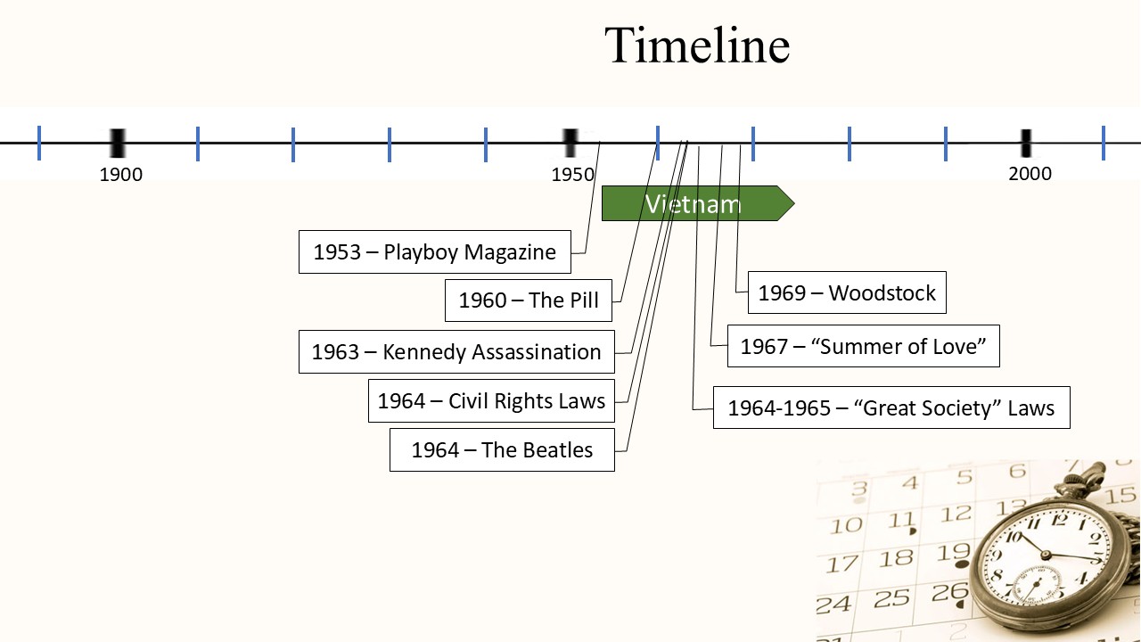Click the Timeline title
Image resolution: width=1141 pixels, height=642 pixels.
pos(696,45)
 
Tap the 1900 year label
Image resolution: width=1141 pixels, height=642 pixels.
pos(121,175)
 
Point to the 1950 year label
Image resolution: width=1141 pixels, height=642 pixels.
pos(573,175)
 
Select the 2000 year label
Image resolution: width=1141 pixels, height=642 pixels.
pos(1030,174)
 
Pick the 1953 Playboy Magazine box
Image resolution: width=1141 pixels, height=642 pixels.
pos(434,252)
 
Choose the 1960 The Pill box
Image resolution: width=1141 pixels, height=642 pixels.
pos(529,300)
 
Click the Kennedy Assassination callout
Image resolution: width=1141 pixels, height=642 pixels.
pos(456,352)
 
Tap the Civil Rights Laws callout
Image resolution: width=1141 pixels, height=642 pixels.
pos(491,401)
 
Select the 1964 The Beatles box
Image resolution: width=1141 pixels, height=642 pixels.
pos(502,450)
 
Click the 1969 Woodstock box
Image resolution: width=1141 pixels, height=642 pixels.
pos(846,293)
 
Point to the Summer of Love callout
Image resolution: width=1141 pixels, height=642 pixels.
pos(863,346)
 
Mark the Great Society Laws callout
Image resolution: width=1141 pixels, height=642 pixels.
pos(891,408)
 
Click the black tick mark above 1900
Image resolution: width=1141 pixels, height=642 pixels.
pos(117,143)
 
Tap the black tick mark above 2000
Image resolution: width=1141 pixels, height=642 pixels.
pos(1026,143)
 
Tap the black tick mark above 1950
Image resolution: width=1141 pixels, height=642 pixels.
pos(570,143)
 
